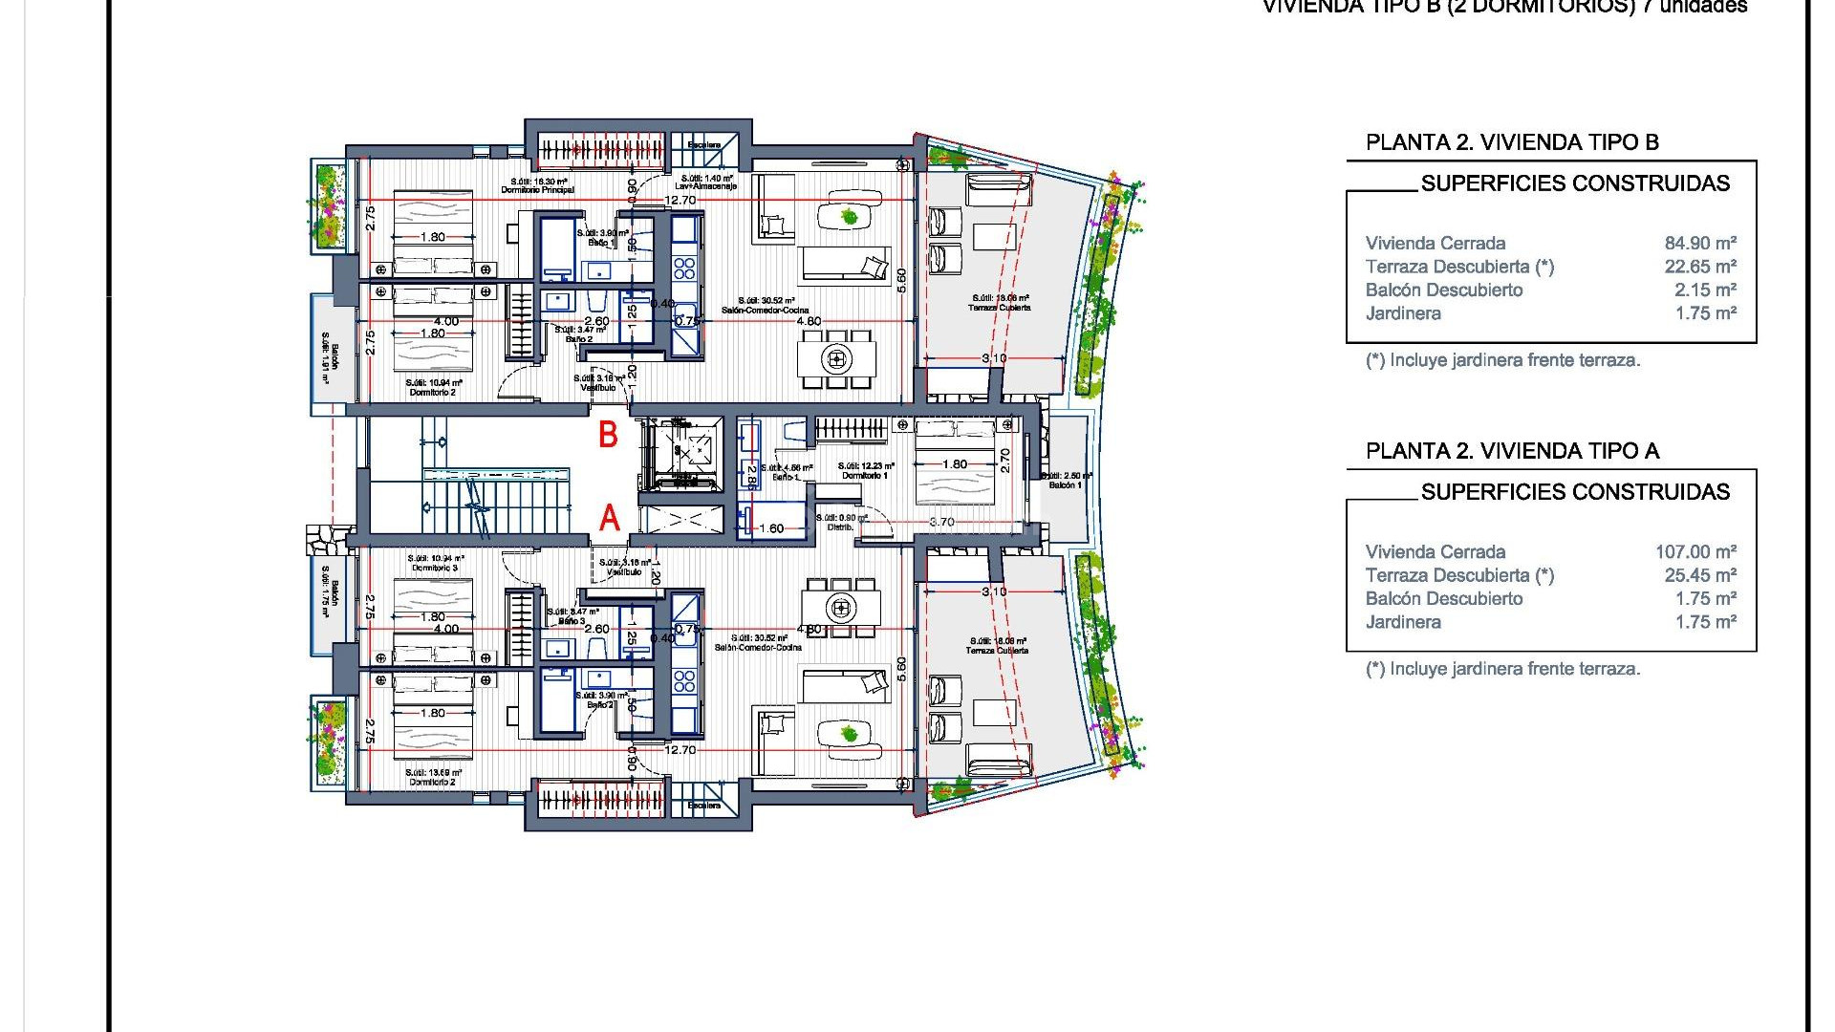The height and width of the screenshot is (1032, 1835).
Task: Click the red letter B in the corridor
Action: (x=608, y=436)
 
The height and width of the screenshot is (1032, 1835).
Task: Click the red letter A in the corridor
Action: (x=609, y=519)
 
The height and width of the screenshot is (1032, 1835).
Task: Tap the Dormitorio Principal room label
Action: (x=537, y=190)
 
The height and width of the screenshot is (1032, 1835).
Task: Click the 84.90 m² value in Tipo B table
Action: (x=1700, y=244)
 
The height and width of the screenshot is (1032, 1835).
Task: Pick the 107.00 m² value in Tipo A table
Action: (x=1695, y=552)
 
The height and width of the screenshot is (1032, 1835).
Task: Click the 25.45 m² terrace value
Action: (x=1700, y=575)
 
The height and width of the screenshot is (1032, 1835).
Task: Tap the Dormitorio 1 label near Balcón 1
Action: (x=864, y=476)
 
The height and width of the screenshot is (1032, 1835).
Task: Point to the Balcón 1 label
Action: (x=1065, y=485)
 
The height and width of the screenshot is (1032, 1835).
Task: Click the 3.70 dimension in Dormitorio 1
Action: (x=941, y=522)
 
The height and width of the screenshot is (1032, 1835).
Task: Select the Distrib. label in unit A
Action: (x=840, y=527)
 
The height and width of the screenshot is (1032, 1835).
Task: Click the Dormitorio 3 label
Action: (x=435, y=569)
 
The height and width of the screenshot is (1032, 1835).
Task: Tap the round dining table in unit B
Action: (x=837, y=359)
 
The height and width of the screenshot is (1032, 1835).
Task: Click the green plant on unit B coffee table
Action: (x=849, y=217)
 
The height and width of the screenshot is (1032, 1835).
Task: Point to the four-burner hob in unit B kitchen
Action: (x=684, y=267)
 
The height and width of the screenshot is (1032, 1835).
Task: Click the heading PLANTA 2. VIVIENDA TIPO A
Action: (x=1512, y=451)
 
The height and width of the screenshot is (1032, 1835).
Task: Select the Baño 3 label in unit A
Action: (x=572, y=621)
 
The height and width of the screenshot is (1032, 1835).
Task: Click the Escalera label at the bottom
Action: (x=704, y=806)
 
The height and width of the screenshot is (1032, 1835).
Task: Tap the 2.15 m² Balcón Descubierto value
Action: (x=1705, y=290)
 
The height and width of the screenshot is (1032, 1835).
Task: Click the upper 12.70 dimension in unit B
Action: (x=680, y=201)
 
